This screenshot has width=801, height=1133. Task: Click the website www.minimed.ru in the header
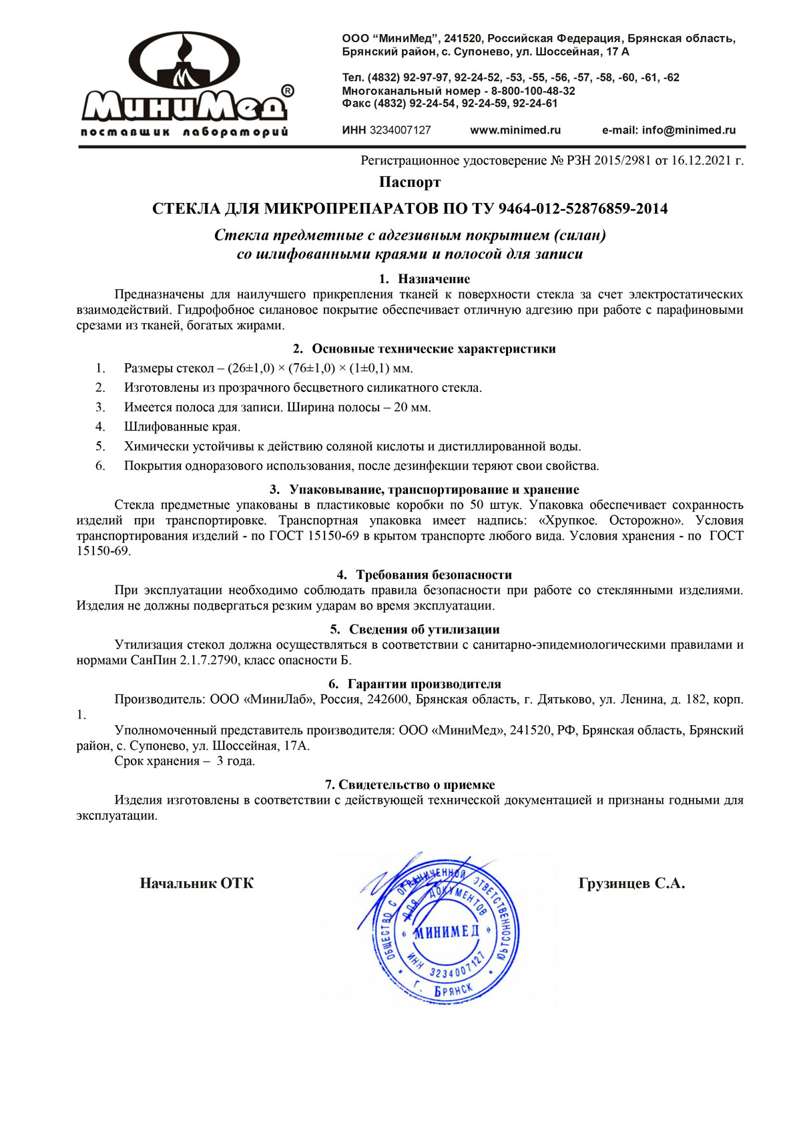pyautogui.click(x=515, y=130)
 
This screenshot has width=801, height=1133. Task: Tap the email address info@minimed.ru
pyautogui.click(x=689, y=130)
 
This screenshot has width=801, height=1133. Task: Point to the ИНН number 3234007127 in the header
pyautogui.click(x=400, y=130)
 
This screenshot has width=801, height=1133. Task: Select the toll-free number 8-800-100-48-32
pyautogui.click(x=533, y=91)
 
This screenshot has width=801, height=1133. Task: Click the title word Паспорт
pyautogui.click(x=410, y=182)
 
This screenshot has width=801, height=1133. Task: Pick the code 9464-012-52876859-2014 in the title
pyautogui.click(x=583, y=209)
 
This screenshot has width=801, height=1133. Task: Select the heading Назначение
pyautogui.click(x=434, y=279)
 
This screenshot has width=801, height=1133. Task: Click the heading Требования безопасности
pyautogui.click(x=434, y=575)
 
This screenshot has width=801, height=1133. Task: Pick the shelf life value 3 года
pyautogui.click(x=236, y=761)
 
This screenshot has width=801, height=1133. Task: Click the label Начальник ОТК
pyautogui.click(x=197, y=883)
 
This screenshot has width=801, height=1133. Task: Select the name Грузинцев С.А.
pyautogui.click(x=631, y=883)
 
